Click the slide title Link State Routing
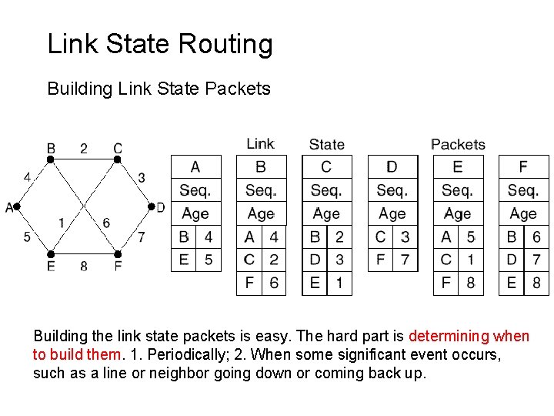160,45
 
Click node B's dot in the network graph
51,159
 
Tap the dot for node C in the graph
118,159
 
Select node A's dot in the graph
16,206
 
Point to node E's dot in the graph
51,253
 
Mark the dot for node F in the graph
118,253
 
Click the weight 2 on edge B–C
84,148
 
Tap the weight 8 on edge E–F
84,267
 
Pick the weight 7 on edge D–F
142,237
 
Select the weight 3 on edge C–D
142,178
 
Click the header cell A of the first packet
195,166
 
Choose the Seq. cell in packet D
392,190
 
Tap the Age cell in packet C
326,213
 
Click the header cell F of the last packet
524,166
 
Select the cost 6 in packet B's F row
274,283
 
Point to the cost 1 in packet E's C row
471,260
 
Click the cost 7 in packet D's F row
405,260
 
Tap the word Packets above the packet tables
458,144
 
